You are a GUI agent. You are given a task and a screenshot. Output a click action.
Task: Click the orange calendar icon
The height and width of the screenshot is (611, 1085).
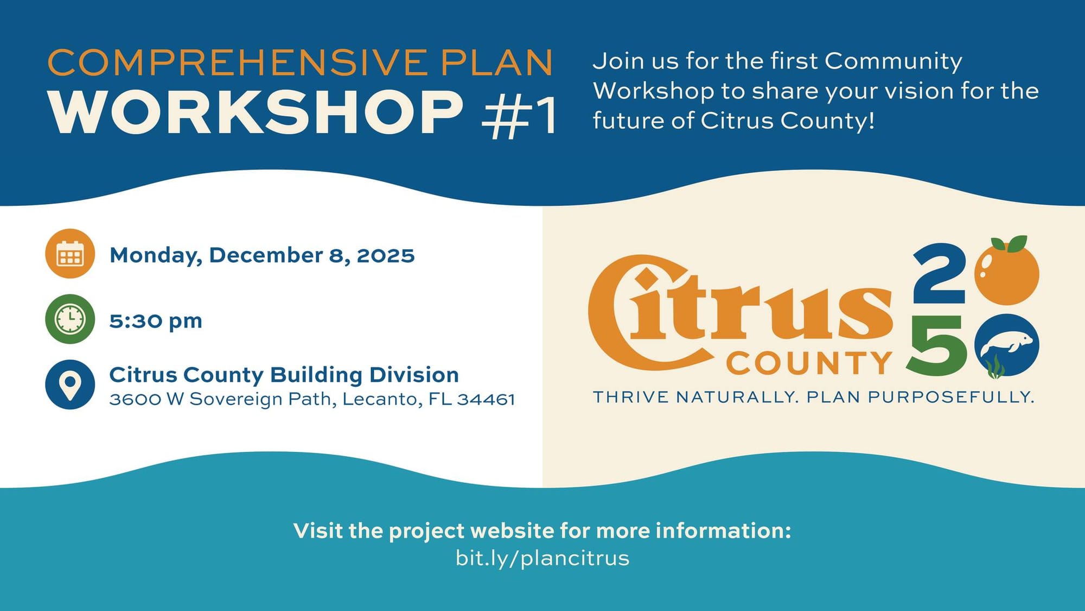pos(70,254)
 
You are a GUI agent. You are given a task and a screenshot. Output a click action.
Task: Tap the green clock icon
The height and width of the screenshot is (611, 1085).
pos(70,319)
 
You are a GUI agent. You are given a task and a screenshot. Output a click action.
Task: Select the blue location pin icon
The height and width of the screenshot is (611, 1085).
pos(70,385)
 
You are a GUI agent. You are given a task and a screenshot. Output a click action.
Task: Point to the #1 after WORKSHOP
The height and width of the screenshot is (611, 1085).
pos(519,115)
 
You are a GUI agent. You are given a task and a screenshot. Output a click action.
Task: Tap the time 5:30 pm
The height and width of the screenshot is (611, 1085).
pos(156,321)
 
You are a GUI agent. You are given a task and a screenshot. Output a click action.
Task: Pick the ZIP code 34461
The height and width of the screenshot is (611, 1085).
pos(486,400)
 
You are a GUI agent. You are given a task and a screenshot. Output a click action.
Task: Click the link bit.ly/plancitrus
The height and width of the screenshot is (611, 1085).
pos(542,558)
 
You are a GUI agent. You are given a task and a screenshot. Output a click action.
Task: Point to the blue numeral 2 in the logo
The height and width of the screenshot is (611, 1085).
pos(940,274)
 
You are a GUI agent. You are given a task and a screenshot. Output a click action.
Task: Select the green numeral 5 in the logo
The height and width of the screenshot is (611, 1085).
pos(936,345)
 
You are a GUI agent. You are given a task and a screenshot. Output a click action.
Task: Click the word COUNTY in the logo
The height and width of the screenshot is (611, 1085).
pos(809,363)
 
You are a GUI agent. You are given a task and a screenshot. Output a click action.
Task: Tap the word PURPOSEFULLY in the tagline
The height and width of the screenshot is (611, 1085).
pos(951,397)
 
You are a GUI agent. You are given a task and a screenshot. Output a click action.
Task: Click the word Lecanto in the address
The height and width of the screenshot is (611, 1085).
pos(382,400)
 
